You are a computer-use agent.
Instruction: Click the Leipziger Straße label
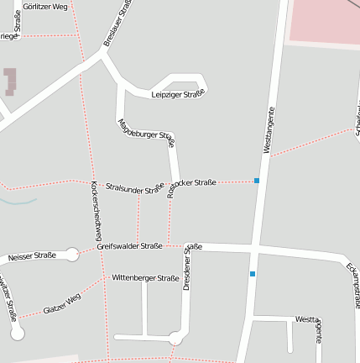[178, 93]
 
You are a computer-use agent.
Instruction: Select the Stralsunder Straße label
[134, 188]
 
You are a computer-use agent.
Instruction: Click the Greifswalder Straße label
[129, 246]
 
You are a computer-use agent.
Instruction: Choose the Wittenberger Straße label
[145, 276]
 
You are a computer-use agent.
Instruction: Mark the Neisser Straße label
[32, 255]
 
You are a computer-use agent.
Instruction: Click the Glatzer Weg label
[62, 304]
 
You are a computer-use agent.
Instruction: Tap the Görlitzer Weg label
[46, 6]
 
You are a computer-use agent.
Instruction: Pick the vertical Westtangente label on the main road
[268, 130]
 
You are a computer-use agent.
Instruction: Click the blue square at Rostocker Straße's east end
[257, 181]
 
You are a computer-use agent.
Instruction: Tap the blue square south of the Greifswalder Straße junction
[252, 274]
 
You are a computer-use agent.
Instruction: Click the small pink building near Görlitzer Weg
[10, 81]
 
